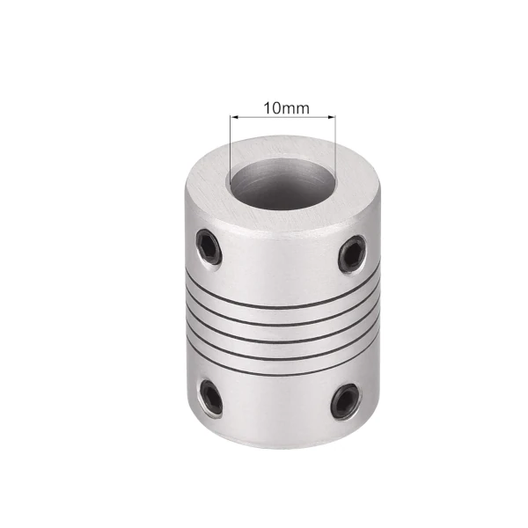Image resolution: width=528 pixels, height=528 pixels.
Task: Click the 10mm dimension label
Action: click(x=286, y=107)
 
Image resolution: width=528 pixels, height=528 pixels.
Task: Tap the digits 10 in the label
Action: click(x=272, y=107)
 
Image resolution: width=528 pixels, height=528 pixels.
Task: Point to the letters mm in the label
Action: click(x=295, y=109)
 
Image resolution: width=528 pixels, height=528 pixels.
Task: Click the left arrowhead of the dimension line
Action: click(x=234, y=117)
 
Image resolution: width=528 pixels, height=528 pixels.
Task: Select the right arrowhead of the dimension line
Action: click(x=332, y=117)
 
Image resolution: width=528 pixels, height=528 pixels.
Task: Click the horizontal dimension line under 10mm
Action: click(x=282, y=117)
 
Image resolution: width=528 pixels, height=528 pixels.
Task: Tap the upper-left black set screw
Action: click(x=209, y=246)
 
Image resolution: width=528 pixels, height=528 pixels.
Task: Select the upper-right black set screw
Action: click(x=352, y=253)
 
